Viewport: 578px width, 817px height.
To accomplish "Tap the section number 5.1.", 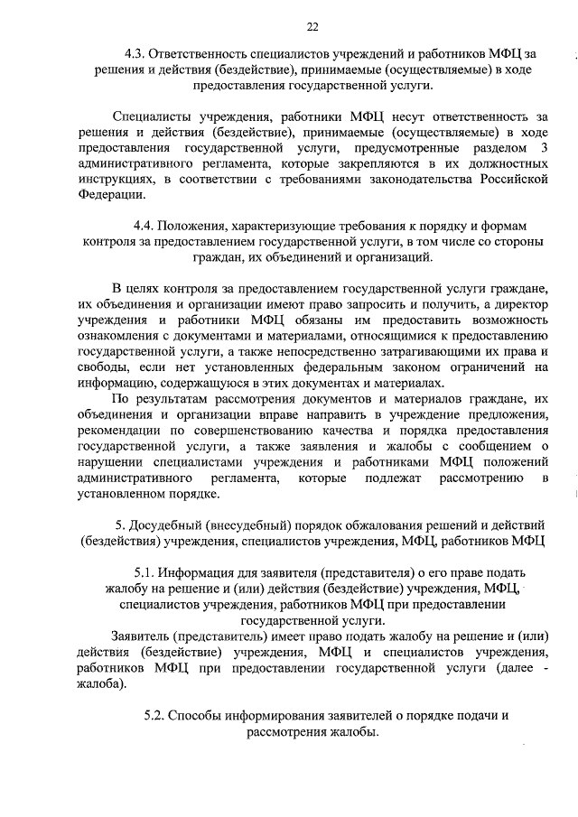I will pyautogui.click(x=144, y=572).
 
